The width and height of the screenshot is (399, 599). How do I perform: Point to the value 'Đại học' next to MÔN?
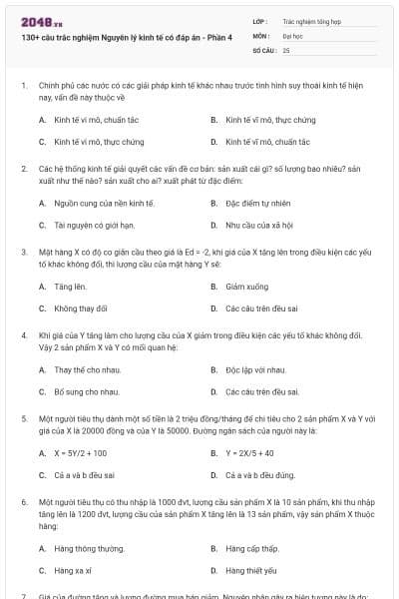click(x=293, y=34)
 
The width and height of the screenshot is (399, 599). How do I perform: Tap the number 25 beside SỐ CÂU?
click(x=286, y=49)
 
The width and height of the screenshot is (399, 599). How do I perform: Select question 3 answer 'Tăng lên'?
click(x=70, y=286)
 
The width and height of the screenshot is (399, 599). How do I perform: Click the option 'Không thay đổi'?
click(x=81, y=308)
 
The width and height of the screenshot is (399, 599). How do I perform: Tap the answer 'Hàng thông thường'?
click(x=90, y=548)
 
